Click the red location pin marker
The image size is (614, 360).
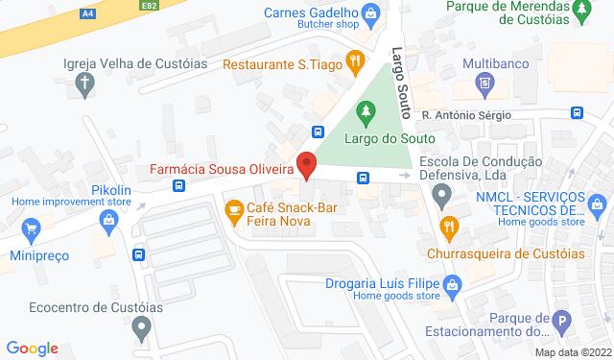click(306, 164)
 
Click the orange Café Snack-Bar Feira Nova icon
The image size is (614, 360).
click(233, 208)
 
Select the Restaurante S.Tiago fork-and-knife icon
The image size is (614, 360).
click(354, 59)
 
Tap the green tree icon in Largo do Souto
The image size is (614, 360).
click(365, 113)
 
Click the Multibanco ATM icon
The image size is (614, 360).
click(486, 84)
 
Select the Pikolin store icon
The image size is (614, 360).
click(108, 220)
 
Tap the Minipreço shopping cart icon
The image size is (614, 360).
click(32, 229)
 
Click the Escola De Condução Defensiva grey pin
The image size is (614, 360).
click(440, 198)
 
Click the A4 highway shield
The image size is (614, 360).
click(88, 14)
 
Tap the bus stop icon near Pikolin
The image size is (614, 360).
click(138, 255)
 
